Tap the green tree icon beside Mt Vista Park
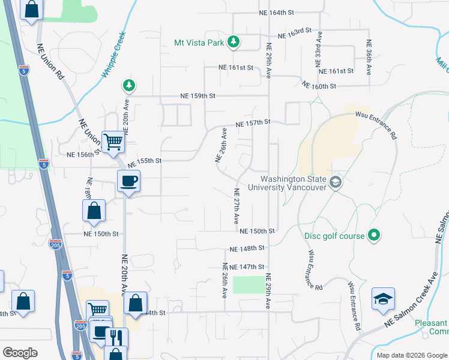pos(234,42)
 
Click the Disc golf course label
pos(334,236)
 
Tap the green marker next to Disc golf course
pos(374,235)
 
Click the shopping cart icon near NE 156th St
pos(113,142)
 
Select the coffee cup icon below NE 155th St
pos(129,180)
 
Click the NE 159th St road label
pos(198,96)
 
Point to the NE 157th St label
pos(255,123)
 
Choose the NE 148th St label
pos(247,248)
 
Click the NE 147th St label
pos(247,267)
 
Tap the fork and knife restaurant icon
pos(116,338)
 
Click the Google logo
pos(20,353)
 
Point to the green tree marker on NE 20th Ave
pos(128,85)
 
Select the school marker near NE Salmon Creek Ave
pos(383,299)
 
